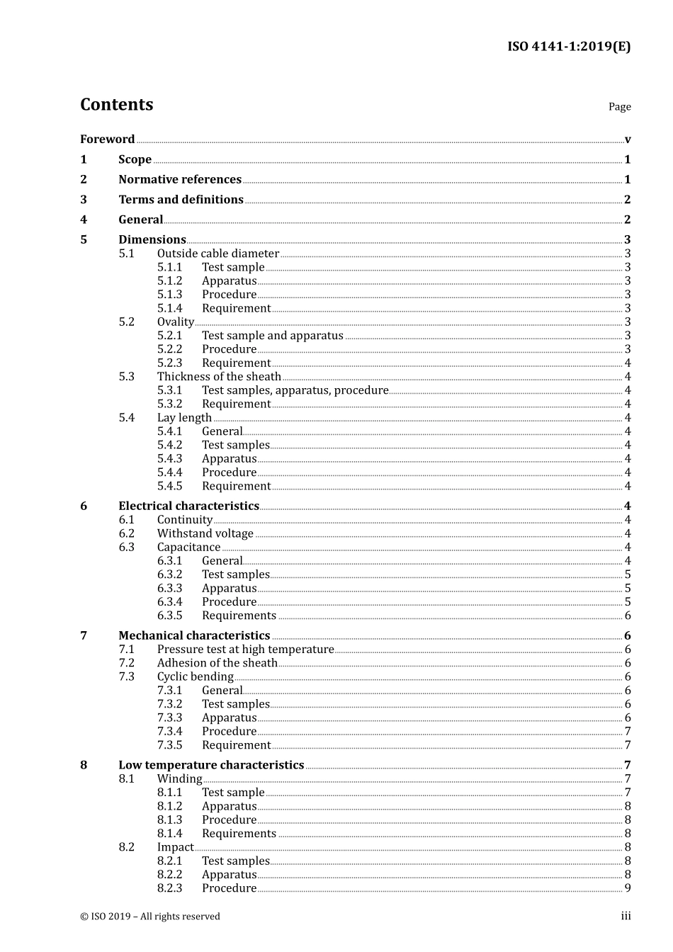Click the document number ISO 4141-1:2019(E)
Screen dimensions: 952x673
point(568,47)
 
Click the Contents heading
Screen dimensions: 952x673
point(116,105)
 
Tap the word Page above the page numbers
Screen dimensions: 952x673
point(619,107)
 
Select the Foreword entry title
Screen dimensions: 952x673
point(107,140)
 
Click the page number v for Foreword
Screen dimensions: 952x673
point(627,140)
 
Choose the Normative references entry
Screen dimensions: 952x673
point(180,180)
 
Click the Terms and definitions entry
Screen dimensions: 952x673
point(181,200)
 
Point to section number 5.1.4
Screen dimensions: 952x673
point(169,308)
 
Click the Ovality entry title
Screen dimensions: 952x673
point(175,322)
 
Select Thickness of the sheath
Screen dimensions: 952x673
point(219,377)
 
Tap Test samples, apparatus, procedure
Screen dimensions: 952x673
point(295,390)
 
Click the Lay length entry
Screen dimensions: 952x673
point(184,418)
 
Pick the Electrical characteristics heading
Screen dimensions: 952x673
point(188,506)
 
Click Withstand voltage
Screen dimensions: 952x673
point(205,533)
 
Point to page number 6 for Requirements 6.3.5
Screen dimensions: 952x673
point(627,616)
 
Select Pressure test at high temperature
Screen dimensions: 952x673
point(245,650)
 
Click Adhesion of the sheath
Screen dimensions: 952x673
point(217,663)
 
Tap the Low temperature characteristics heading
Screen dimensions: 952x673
point(211,765)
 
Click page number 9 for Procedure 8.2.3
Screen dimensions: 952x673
point(627,888)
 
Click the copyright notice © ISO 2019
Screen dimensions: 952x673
point(150,917)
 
